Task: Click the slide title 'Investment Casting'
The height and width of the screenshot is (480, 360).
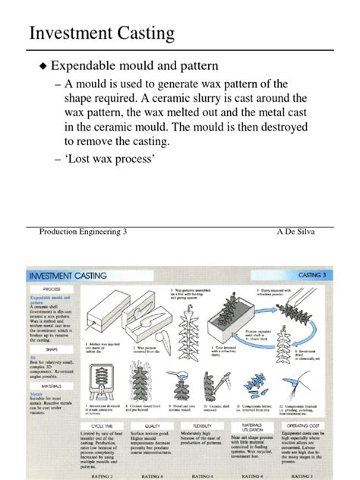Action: (x=101, y=33)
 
